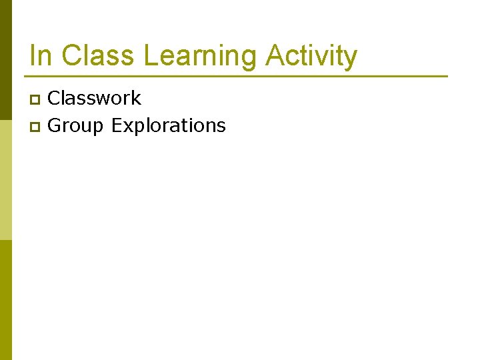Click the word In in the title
(x=40, y=56)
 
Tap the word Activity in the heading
(x=311, y=56)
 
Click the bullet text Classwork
(x=95, y=99)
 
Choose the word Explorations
(x=169, y=126)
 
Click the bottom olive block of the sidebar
(x=5, y=300)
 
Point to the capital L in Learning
(x=151, y=56)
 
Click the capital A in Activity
(x=275, y=56)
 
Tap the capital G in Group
(x=55, y=125)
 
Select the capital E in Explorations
(x=117, y=125)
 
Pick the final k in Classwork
(x=137, y=99)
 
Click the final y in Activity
(x=351, y=59)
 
